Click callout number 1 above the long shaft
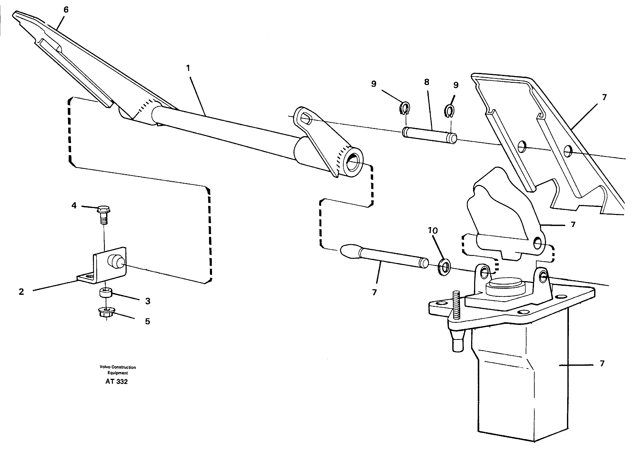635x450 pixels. (x=188, y=68)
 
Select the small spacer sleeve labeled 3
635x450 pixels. (x=106, y=293)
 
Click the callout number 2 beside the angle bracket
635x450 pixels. (x=21, y=292)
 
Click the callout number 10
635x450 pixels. (x=433, y=230)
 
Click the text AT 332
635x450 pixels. (x=116, y=382)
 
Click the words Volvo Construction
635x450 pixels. (x=118, y=367)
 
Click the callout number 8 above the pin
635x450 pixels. (x=426, y=82)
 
